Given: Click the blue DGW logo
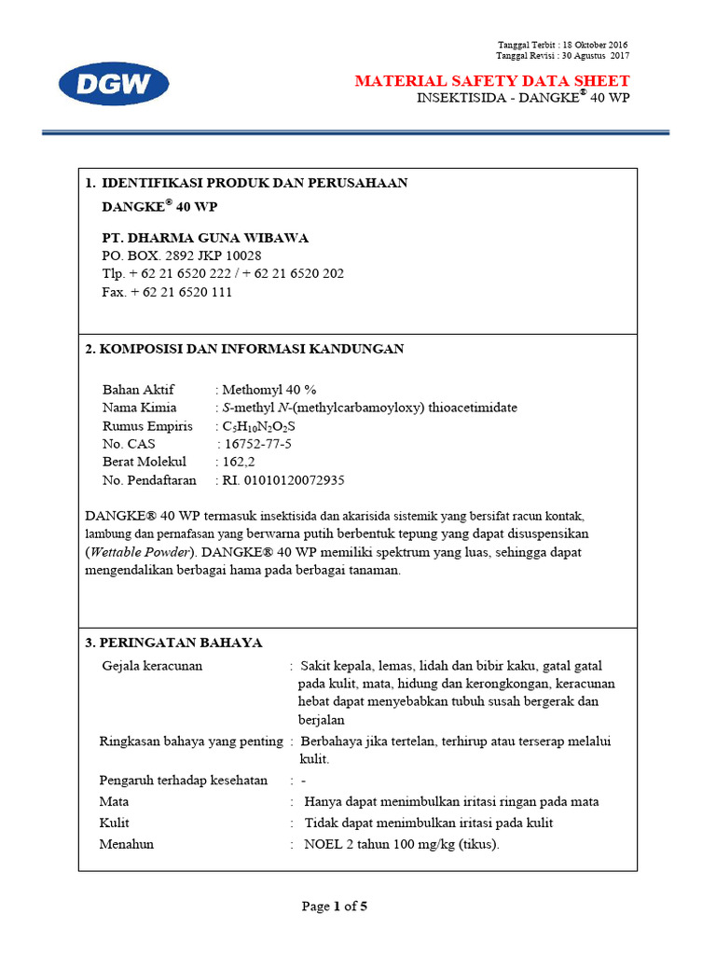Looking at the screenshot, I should [114, 85].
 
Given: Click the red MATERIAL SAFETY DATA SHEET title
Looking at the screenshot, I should [492, 81].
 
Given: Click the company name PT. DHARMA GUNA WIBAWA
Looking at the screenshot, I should [204, 237].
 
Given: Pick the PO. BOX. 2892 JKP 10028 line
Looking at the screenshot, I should [181, 256].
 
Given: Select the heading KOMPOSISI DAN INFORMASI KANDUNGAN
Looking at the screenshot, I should [252, 349].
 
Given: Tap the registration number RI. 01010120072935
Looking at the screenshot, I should [282, 480].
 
